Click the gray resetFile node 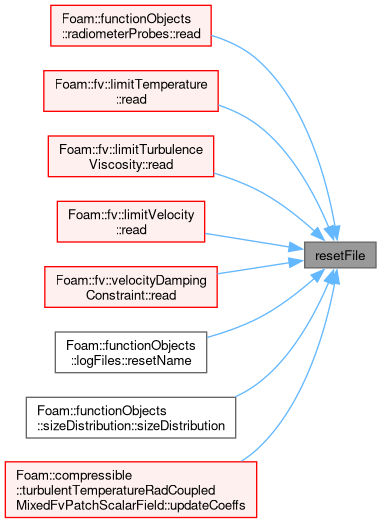pos(340,255)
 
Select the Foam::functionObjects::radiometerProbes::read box pos(131,26)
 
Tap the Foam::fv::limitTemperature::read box pos(131,91)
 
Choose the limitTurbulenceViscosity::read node pos(131,156)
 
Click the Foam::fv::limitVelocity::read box pos(131,222)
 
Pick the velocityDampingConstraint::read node pos(131,287)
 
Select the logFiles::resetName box pos(131,353)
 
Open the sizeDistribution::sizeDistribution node pos(131,418)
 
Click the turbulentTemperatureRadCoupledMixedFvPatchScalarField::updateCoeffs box pos(131,490)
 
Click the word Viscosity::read pos(131,164)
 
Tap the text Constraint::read pos(131,295)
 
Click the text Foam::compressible pos(74,475)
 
